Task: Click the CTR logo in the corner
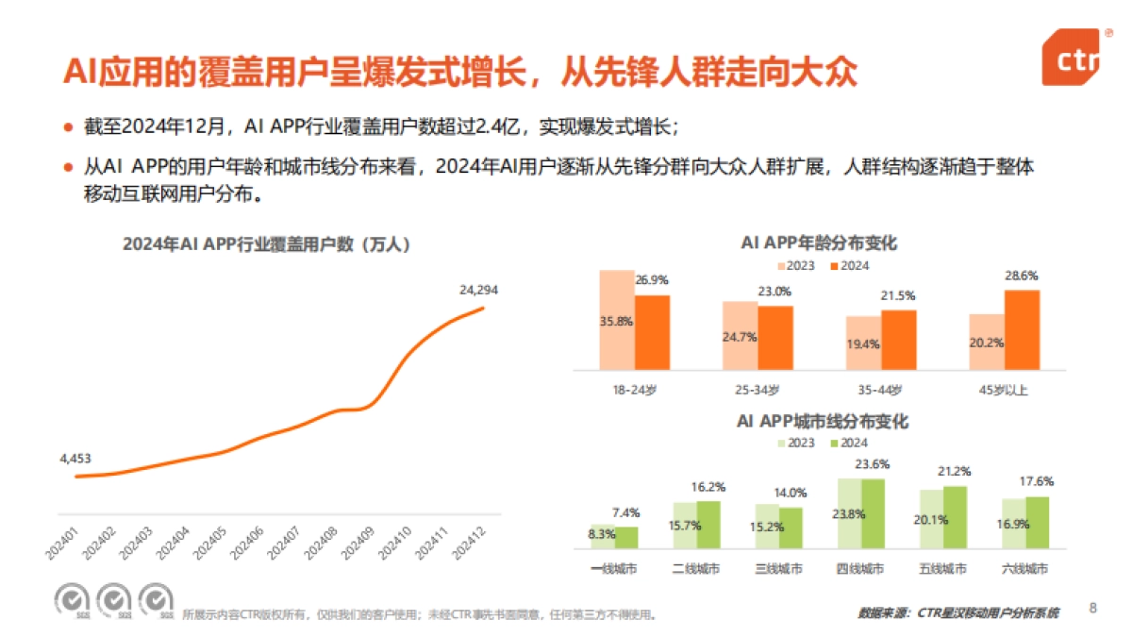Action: click(x=1073, y=59)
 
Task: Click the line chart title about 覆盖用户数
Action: click(x=266, y=243)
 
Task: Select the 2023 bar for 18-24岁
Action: click(x=617, y=319)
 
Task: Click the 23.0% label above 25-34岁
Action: click(x=774, y=292)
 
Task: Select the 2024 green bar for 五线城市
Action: click(x=955, y=517)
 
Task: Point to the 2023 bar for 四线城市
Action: click(x=850, y=513)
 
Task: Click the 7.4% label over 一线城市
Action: click(x=625, y=512)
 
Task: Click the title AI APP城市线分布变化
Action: click(x=822, y=422)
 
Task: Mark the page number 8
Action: click(x=1093, y=607)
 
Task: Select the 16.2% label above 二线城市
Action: click(x=708, y=487)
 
